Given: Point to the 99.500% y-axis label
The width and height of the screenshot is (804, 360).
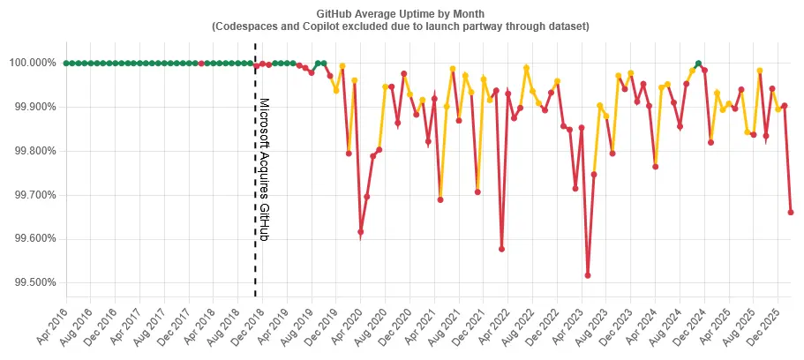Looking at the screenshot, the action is point(33,283).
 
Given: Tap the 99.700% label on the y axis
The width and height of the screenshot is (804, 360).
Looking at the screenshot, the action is point(33,195).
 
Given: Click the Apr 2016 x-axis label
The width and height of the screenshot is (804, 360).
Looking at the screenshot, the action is point(52,324).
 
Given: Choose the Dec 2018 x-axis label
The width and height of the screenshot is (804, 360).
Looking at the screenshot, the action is point(248,324).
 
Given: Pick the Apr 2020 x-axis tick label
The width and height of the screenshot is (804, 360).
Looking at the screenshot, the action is point(346,324).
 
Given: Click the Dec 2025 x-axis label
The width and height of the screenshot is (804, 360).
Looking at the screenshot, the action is point(763,324).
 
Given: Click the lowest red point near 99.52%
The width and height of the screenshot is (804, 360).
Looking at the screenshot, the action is point(588,275).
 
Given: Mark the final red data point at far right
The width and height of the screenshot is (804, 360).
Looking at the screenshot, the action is point(790,212).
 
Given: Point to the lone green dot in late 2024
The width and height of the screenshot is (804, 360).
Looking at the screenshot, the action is point(698,64).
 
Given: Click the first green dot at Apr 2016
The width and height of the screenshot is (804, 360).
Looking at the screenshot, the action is point(66,63).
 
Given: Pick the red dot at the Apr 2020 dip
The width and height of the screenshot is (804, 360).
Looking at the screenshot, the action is point(360,232).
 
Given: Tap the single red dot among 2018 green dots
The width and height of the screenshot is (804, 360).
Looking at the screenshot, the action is point(201,63).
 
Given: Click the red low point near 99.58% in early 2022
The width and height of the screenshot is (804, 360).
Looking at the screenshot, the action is point(501,249).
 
